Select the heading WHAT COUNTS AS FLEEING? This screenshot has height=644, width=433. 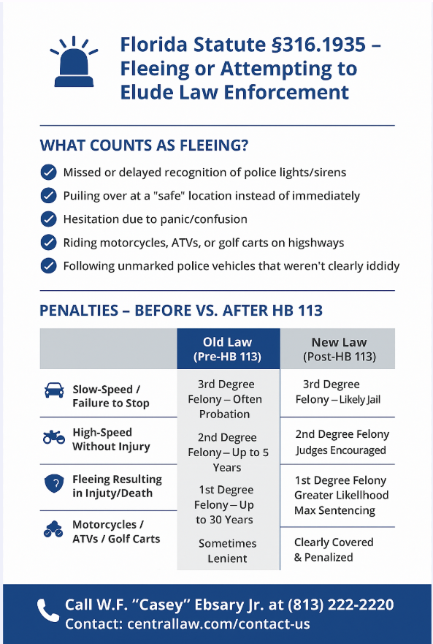144,145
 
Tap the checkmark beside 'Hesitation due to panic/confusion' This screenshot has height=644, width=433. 49,219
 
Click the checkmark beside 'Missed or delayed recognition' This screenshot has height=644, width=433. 49,173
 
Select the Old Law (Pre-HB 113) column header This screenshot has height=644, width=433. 228,349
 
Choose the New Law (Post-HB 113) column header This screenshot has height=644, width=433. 339,349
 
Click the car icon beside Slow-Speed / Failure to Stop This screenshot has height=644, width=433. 54,390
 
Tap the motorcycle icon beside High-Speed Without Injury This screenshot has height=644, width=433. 54,438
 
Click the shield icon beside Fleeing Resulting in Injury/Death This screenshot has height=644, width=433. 54,485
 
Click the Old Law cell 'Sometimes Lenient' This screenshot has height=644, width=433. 227,550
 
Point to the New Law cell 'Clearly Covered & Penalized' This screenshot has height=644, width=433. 334,549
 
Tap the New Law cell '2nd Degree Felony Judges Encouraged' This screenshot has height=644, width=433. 342,442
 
